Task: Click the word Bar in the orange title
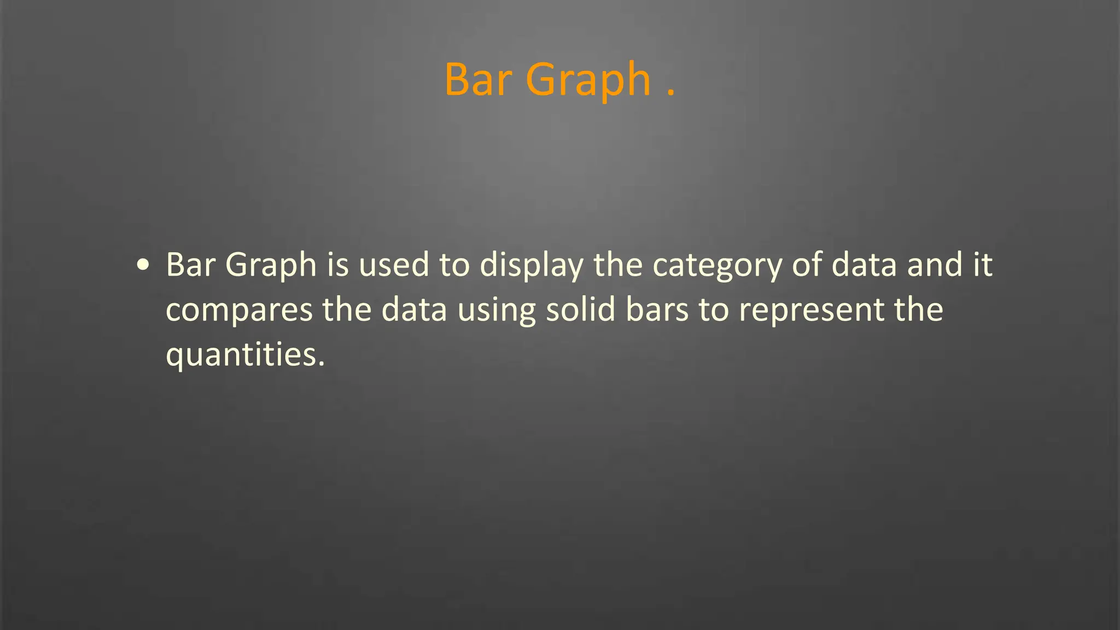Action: click(x=477, y=80)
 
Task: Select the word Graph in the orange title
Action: click(x=588, y=80)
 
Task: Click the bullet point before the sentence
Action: click(x=143, y=266)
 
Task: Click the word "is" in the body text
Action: click(x=338, y=265)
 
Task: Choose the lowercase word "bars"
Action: click(x=657, y=310)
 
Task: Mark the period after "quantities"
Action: click(x=322, y=364)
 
